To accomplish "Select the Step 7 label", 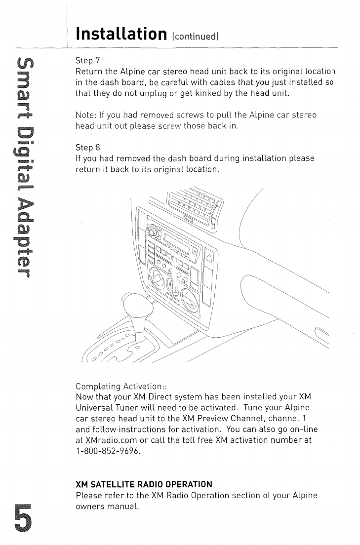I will (87, 61).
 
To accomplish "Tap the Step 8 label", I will (87, 148).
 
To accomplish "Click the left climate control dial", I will (159, 280).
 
